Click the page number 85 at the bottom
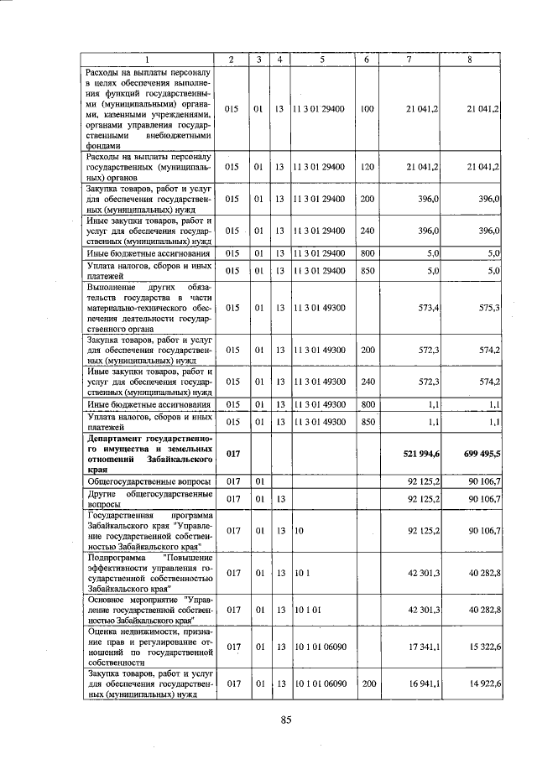point(286,719)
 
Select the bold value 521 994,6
point(422,453)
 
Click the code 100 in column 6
point(367,110)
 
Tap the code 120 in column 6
point(367,168)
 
